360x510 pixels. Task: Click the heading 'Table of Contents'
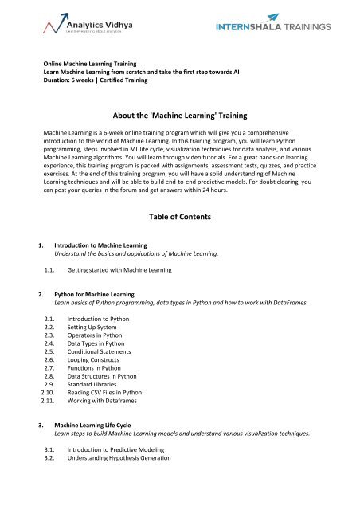tap(180, 216)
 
